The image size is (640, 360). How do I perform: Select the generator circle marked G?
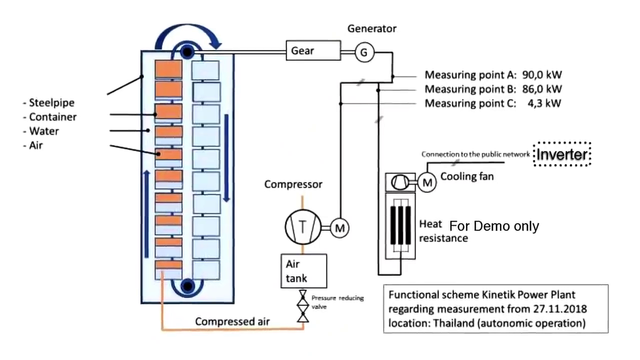pyautogui.click(x=364, y=52)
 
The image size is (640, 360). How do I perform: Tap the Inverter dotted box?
pyautogui.click(x=562, y=154)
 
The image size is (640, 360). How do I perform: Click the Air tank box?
pyautogui.click(x=304, y=270)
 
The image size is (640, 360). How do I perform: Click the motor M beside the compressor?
pyautogui.click(x=340, y=228)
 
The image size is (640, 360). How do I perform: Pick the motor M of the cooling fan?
pyautogui.click(x=427, y=183)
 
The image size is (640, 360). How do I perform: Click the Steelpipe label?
pyautogui.click(x=51, y=102)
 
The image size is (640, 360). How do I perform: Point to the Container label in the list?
pyautogui.click(x=52, y=117)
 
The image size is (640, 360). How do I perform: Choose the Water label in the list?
pyautogui.click(x=43, y=131)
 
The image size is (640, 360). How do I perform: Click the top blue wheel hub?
pyautogui.click(x=187, y=52)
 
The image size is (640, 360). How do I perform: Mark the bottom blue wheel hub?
pyautogui.click(x=187, y=286)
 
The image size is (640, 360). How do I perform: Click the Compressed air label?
pyautogui.click(x=232, y=321)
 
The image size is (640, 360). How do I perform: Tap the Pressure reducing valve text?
pyautogui.click(x=337, y=301)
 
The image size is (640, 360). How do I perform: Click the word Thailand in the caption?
pyautogui.click(x=454, y=322)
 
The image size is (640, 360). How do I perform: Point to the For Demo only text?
pyautogui.click(x=494, y=226)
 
